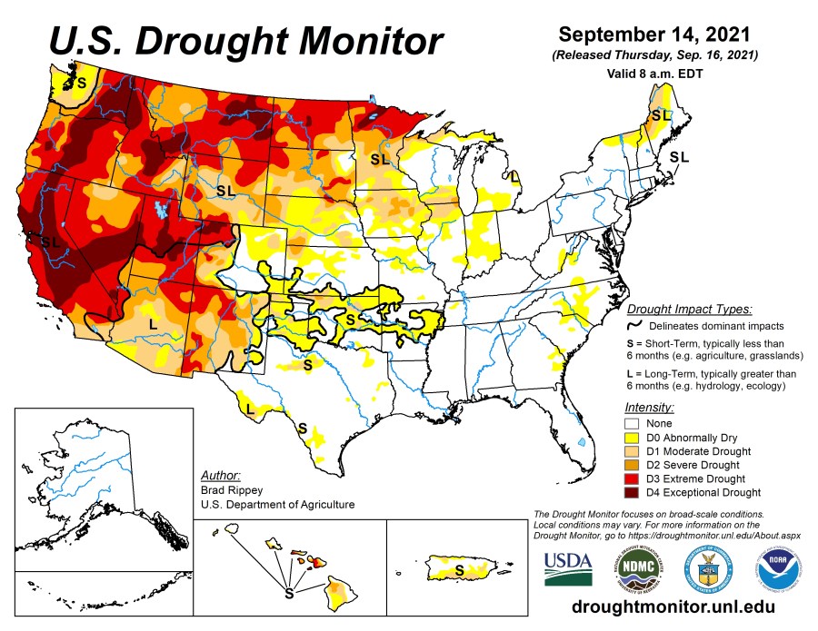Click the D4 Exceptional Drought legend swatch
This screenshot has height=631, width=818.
click(634, 493)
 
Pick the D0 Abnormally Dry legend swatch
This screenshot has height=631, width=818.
click(634, 438)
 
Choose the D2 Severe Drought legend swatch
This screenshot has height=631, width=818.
click(634, 465)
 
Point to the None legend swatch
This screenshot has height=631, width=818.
click(634, 424)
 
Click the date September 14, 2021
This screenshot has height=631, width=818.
click(653, 35)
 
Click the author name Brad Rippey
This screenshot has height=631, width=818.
click(228, 490)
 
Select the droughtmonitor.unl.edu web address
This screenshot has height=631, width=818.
click(673, 606)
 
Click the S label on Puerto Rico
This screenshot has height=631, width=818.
click(459, 569)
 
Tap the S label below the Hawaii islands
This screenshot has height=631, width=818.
click(289, 594)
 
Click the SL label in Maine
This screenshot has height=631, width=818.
click(661, 115)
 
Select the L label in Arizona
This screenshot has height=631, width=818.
click(153, 323)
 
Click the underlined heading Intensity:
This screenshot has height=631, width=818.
click(650, 408)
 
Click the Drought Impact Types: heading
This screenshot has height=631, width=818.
click(690, 309)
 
